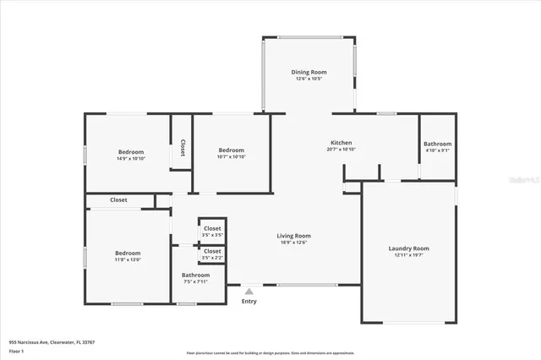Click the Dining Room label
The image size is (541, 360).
click(309, 73)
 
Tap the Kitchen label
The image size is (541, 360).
click(341, 143)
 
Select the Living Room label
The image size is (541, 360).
click(293, 236)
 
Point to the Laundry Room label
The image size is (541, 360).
click(408, 248)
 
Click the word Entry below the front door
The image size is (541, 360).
click(249, 302)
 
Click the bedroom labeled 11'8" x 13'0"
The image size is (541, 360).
click(128, 254)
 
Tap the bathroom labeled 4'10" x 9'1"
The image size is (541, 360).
click(437, 145)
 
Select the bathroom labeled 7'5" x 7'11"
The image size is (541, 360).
click(195, 275)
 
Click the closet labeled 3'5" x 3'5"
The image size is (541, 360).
click(212, 229)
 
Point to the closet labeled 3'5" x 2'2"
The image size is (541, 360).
click(212, 252)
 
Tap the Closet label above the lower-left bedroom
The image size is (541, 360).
click(118, 200)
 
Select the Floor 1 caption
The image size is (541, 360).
click(16, 351)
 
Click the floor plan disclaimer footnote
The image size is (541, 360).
click(270, 352)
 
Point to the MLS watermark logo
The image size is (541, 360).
click(523, 180)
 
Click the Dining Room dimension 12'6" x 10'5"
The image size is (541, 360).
click(309, 79)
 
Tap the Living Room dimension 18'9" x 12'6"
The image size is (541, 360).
click(293, 243)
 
